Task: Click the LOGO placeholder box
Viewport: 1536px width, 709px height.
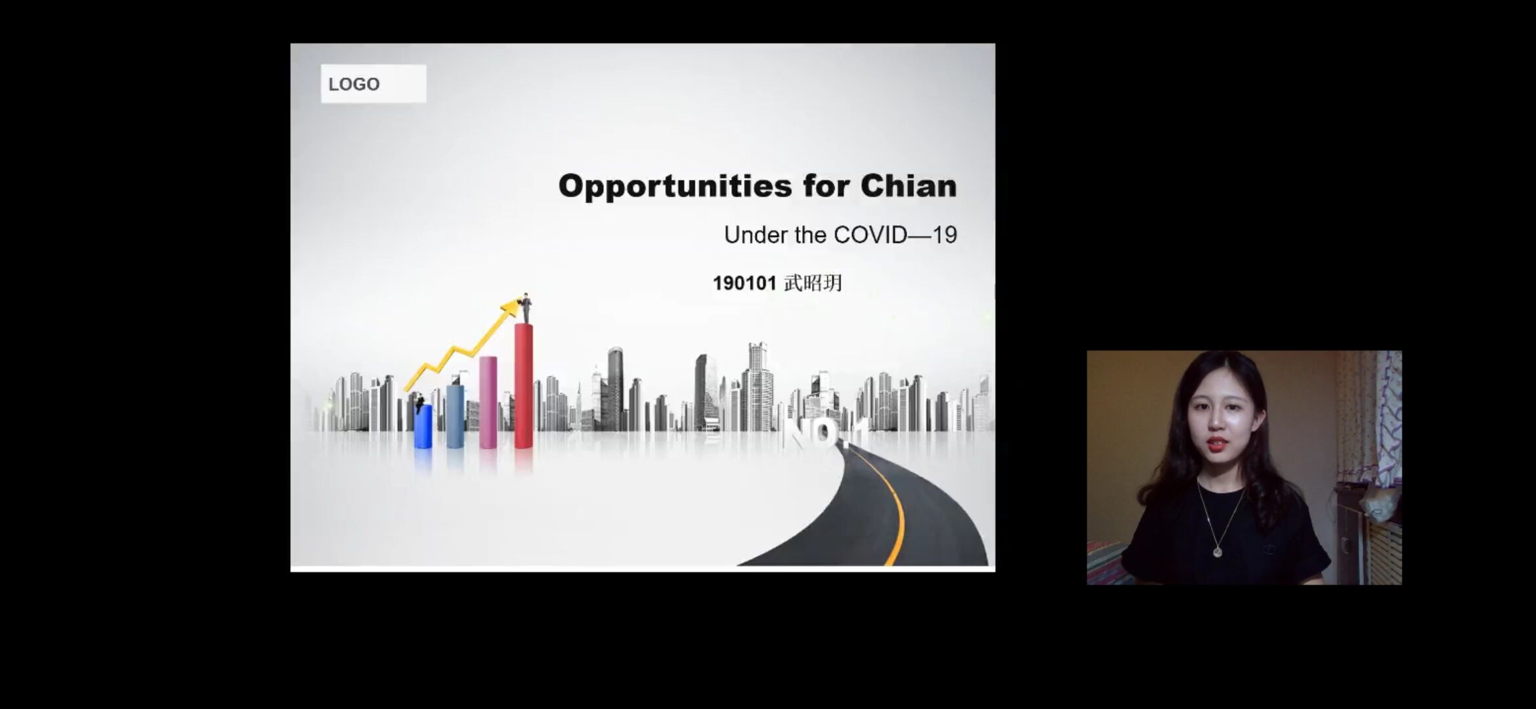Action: [x=373, y=83]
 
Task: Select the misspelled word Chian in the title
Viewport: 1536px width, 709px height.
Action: [x=908, y=186]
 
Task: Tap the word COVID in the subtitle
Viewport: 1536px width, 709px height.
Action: [x=870, y=235]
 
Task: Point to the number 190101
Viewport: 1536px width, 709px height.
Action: [x=744, y=284]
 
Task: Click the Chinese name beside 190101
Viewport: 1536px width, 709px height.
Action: [x=813, y=283]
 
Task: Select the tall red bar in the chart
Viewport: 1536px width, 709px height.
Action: [x=524, y=386]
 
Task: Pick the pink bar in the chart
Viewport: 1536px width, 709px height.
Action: [x=488, y=402]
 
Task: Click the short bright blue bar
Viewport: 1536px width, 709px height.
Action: [x=423, y=426]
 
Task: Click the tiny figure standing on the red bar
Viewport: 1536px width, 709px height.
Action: [x=526, y=309]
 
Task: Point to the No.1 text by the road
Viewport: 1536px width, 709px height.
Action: [x=825, y=433]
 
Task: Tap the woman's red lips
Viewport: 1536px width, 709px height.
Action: [x=1216, y=444]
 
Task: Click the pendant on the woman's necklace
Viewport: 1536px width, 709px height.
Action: [x=1218, y=551]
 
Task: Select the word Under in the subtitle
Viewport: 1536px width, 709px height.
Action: [x=756, y=235]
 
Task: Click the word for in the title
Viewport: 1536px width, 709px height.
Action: [x=826, y=186]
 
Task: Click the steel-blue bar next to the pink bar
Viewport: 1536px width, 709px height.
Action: [x=456, y=416]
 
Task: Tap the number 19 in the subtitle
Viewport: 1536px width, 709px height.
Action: [x=945, y=235]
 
